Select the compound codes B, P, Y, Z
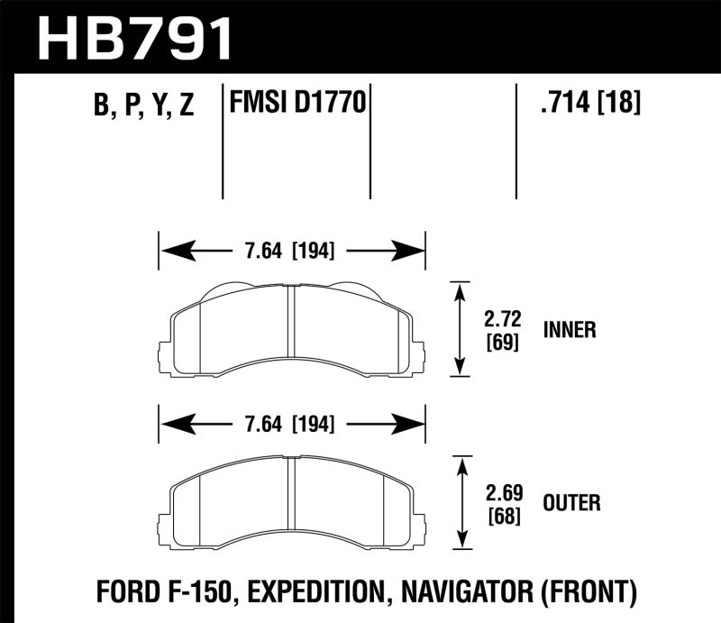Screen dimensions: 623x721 pyautogui.click(x=143, y=106)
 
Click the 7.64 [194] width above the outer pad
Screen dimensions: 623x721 pyautogui.click(x=291, y=422)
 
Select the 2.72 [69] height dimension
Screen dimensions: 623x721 pyautogui.click(x=504, y=330)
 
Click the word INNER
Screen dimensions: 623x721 pyautogui.click(x=570, y=330)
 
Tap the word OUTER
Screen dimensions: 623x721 pyautogui.click(x=572, y=501)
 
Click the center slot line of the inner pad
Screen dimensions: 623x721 pyautogui.click(x=290, y=329)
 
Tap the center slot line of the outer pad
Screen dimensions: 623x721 pyautogui.click(x=290, y=500)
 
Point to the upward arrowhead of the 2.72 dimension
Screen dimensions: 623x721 pyautogui.click(x=461, y=289)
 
